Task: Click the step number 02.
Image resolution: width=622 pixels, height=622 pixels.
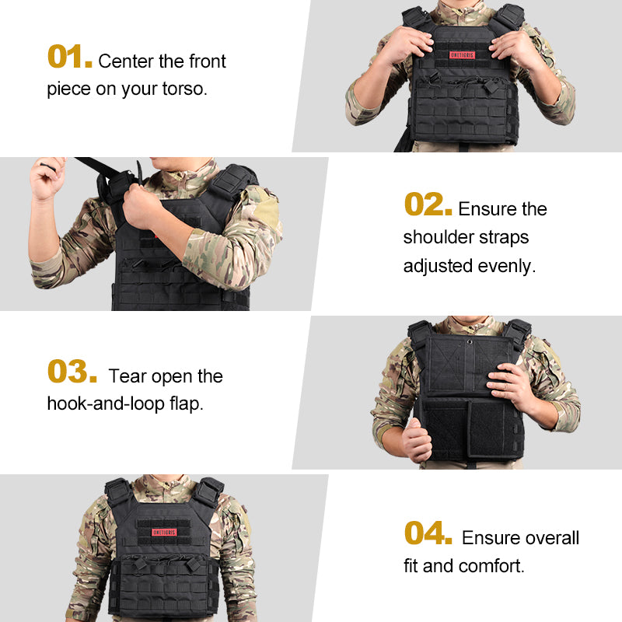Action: (427, 205)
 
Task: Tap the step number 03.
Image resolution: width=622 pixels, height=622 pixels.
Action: (72, 372)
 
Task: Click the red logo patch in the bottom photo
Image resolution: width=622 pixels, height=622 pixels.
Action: (159, 533)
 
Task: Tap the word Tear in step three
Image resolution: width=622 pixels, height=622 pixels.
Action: (128, 376)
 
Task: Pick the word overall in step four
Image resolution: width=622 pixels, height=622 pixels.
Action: (550, 538)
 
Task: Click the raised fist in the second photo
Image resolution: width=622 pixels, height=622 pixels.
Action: (47, 178)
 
